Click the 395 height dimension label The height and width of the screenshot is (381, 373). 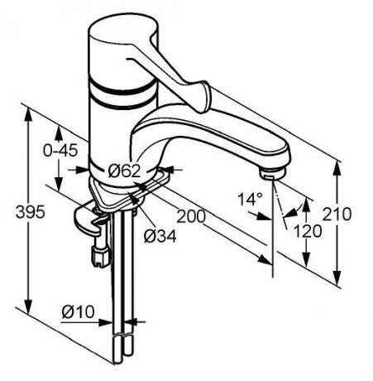[x=30, y=212]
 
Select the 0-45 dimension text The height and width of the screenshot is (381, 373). [x=60, y=151]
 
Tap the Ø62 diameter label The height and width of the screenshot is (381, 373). [x=124, y=171]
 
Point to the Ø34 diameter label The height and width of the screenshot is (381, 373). [x=160, y=236]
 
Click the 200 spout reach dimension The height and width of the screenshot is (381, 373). [x=191, y=216]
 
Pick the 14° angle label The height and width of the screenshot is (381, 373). [x=251, y=199]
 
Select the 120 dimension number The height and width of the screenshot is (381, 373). [x=308, y=231]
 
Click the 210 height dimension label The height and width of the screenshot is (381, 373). [x=337, y=214]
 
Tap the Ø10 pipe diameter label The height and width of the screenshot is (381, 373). [x=79, y=311]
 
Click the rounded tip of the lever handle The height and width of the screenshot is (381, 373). [x=204, y=97]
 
